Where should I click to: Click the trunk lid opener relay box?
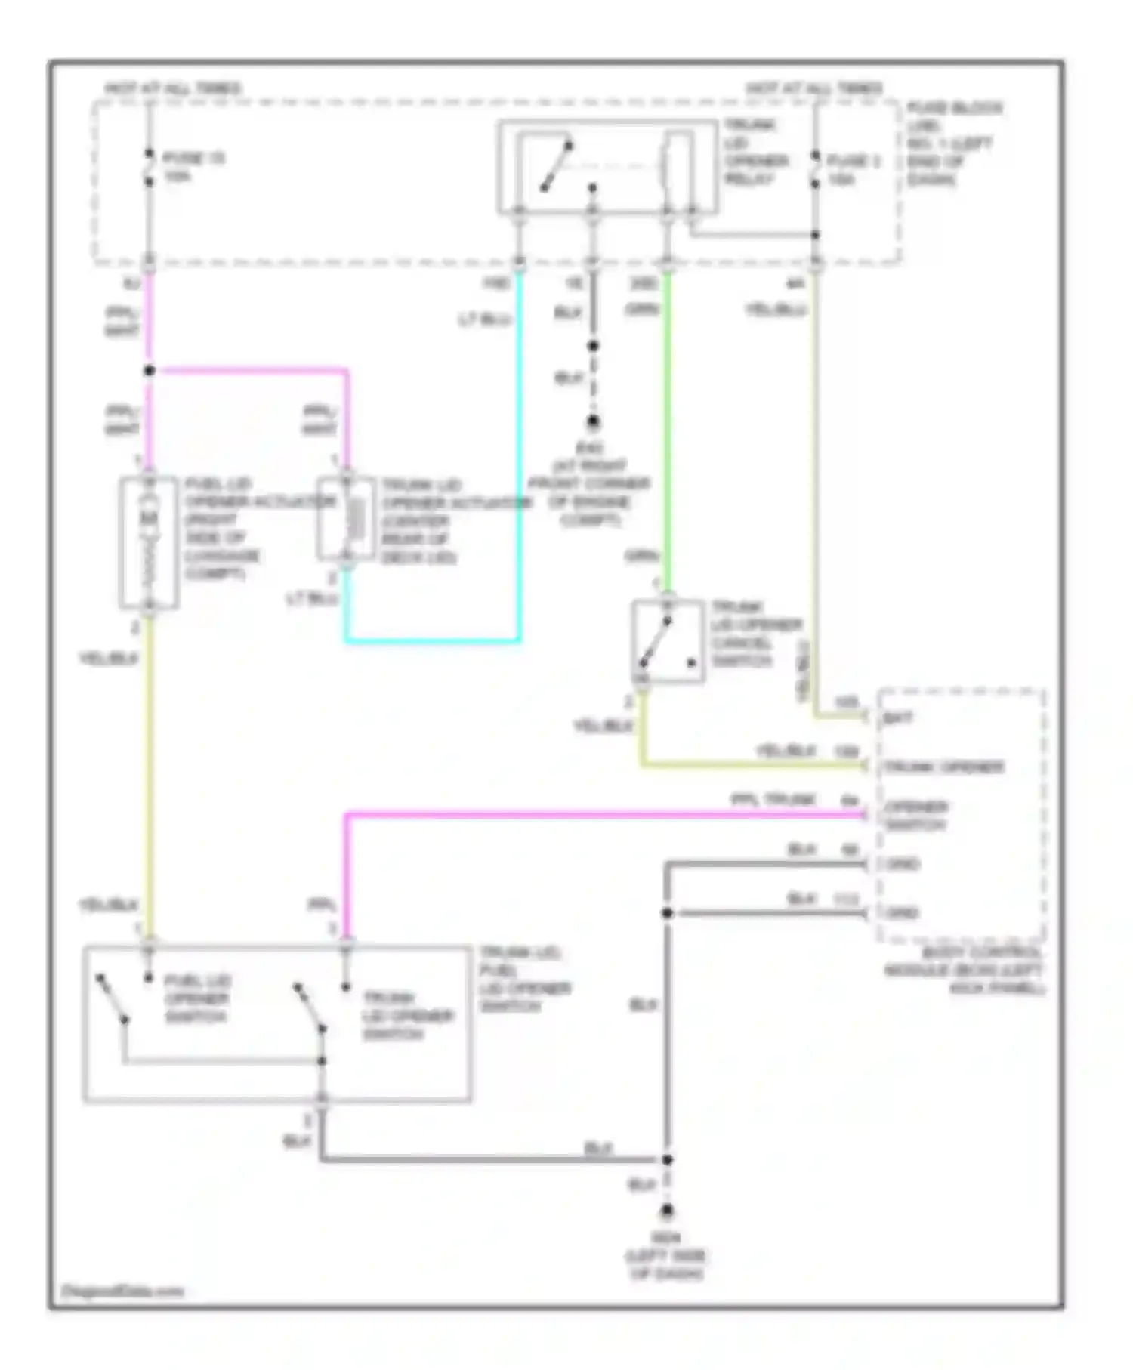(607, 167)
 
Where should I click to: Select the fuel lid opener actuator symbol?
(149, 542)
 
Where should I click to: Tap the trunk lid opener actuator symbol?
(346, 519)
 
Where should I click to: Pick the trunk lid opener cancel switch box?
(668, 641)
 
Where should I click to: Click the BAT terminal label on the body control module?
(898, 717)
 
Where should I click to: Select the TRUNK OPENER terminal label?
(943, 767)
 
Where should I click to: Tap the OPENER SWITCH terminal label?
(915, 816)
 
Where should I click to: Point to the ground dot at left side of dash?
(667, 1212)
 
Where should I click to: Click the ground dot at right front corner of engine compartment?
(594, 422)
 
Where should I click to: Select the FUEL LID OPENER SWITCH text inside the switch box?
(196, 998)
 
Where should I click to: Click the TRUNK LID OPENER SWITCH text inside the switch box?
(407, 1015)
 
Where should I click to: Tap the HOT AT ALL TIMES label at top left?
(173, 88)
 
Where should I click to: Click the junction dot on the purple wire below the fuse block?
(150, 370)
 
